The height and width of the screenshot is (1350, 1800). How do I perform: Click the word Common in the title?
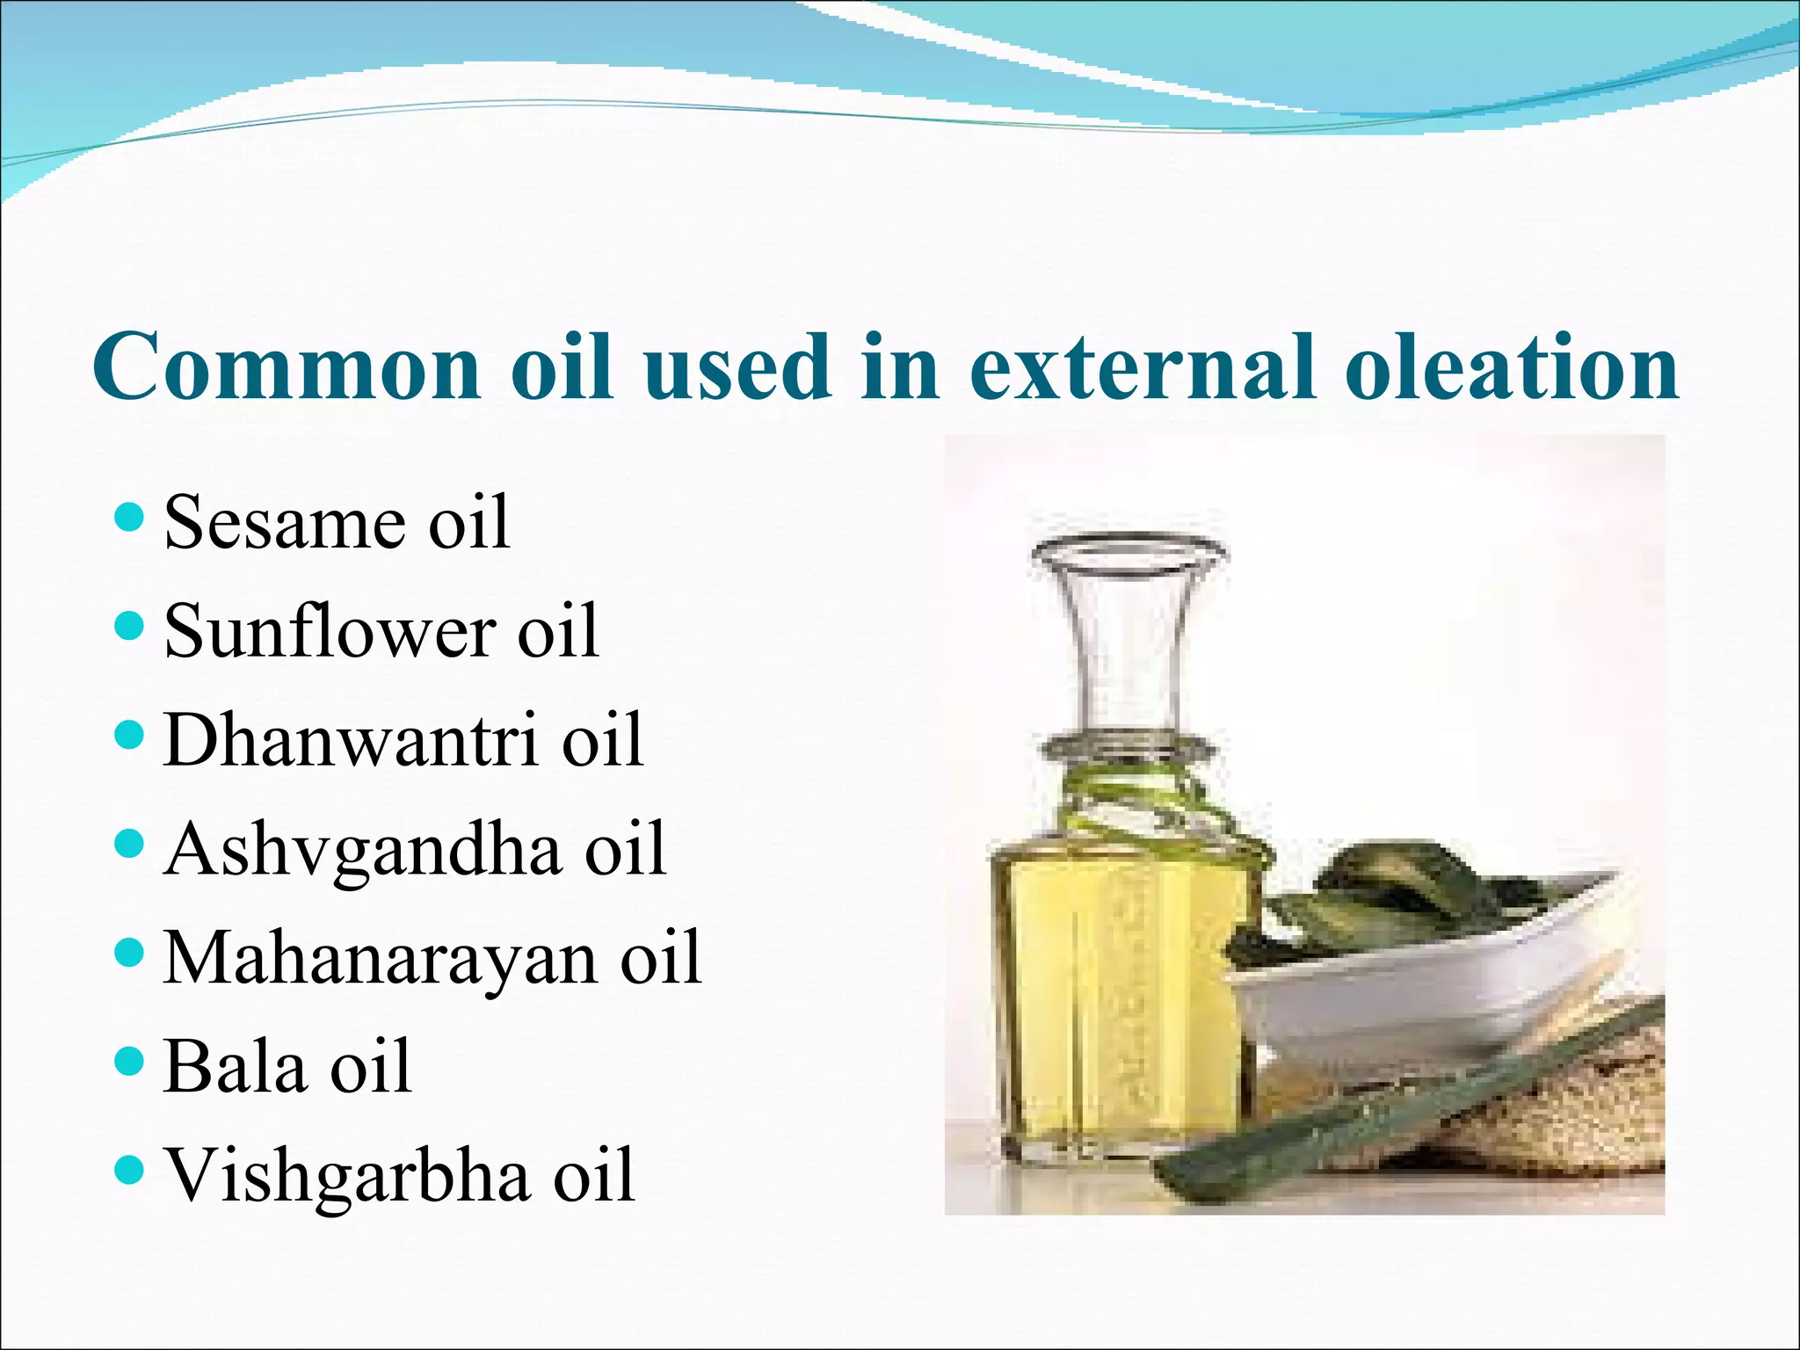(x=286, y=367)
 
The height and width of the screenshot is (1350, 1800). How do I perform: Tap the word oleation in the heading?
(x=1512, y=367)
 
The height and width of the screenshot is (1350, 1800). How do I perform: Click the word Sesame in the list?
(x=284, y=523)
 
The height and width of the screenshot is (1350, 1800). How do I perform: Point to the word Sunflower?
(x=330, y=630)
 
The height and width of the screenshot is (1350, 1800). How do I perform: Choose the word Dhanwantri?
(x=351, y=740)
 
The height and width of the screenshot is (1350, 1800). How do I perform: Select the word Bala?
(x=234, y=1066)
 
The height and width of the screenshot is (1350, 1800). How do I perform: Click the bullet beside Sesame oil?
(x=128, y=519)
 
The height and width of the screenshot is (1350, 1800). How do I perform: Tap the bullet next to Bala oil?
(x=128, y=1062)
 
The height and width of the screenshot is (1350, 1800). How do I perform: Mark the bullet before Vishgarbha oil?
(x=128, y=1171)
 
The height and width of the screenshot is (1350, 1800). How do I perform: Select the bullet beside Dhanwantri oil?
(x=128, y=736)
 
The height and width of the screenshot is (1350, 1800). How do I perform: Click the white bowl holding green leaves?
(x=1406, y=993)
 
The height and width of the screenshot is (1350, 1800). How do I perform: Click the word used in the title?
(x=738, y=367)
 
